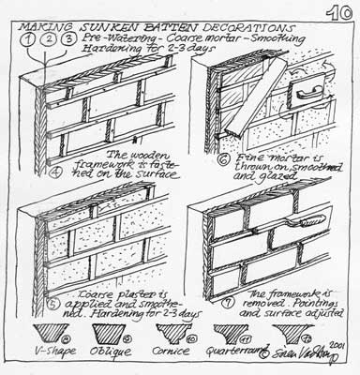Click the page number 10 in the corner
[x=337, y=12]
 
